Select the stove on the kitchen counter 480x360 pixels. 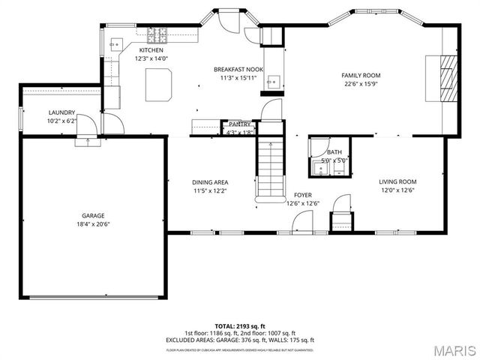(x=158, y=32)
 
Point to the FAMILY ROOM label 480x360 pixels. (x=361, y=75)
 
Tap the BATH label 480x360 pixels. (x=334, y=152)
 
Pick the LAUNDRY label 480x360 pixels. (x=61, y=112)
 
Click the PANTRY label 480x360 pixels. (x=240, y=124)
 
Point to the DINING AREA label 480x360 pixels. (x=210, y=182)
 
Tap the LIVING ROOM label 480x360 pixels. (x=397, y=181)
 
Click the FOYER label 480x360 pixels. (x=303, y=195)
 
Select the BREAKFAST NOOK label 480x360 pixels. (x=238, y=69)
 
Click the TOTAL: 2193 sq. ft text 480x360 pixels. (x=240, y=326)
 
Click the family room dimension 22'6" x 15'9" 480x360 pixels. (x=361, y=84)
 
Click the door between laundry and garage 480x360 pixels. (x=87, y=134)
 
